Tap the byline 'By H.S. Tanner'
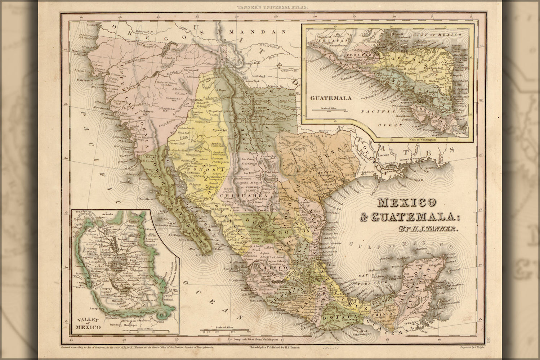[x=428, y=228]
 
